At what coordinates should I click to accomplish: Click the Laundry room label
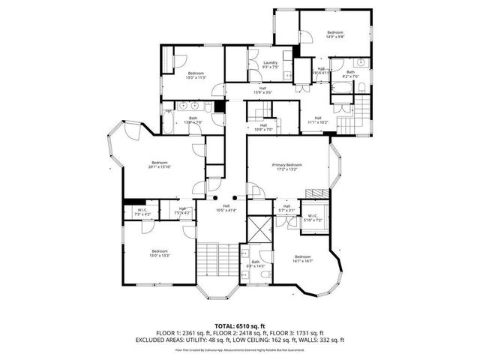[x=270, y=64]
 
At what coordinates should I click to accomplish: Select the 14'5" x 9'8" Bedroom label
[x=334, y=34]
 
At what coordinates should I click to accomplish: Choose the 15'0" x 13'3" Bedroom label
[x=160, y=253]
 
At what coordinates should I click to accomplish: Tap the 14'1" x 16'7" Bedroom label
[x=303, y=259]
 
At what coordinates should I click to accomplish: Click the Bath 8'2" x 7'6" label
[x=350, y=73]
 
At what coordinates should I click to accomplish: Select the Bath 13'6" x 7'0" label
[x=193, y=120]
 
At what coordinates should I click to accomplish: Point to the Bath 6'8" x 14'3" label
[x=256, y=263]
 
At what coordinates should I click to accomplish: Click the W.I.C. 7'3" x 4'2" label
[x=142, y=211]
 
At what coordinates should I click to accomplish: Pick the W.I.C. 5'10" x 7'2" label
[x=312, y=218]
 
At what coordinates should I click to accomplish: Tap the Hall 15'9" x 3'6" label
[x=262, y=91]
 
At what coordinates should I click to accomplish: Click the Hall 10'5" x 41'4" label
[x=226, y=208]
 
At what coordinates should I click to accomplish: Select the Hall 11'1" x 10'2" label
[x=318, y=120]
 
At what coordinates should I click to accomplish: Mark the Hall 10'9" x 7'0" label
[x=263, y=127]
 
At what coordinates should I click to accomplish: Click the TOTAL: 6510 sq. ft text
[x=239, y=325]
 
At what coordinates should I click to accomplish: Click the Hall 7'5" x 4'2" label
[x=182, y=211]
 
